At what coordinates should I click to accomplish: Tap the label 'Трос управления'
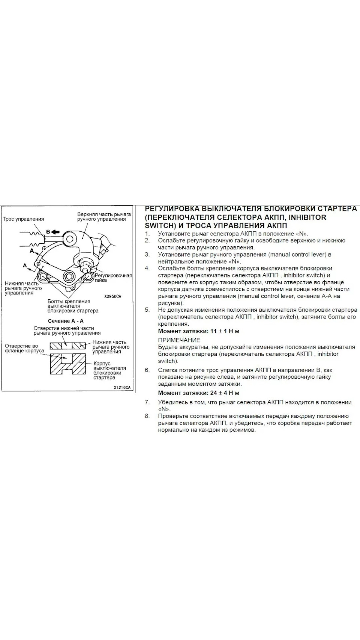click(x=23, y=219)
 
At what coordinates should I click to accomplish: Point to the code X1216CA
click(x=122, y=387)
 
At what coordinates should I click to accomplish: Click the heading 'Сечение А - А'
click(x=66, y=321)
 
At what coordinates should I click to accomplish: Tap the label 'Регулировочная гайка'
click(x=113, y=278)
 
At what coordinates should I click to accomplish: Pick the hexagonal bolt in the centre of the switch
click(x=70, y=276)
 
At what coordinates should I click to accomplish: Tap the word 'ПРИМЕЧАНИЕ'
click(x=179, y=340)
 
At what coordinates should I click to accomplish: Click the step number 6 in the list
click(x=147, y=370)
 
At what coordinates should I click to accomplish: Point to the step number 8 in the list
click(x=147, y=416)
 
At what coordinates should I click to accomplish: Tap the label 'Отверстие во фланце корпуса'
click(x=24, y=348)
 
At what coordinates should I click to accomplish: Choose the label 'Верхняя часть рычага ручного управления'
click(x=104, y=217)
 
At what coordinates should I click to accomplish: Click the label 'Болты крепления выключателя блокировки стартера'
click(x=73, y=306)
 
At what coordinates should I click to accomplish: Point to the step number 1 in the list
click(x=147, y=233)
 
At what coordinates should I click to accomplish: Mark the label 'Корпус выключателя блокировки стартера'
click(x=109, y=371)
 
